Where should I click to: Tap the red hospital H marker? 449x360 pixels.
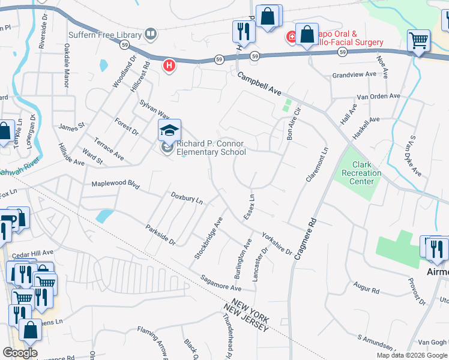pyautogui.click(x=170, y=65)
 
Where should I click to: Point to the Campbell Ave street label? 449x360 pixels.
pyautogui.click(x=259, y=85)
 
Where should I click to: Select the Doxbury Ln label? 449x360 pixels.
pyautogui.click(x=187, y=197)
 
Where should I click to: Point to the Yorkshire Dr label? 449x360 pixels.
pyautogui.click(x=277, y=244)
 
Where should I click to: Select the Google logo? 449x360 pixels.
pyautogui.click(x=20, y=353)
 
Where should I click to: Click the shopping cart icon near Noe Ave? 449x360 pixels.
pyautogui.click(x=419, y=41)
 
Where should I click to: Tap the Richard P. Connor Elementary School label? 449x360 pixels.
pyautogui.click(x=210, y=148)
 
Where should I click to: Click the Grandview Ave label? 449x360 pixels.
pyautogui.click(x=354, y=76)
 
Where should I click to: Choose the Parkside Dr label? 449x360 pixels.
pyautogui.click(x=160, y=235)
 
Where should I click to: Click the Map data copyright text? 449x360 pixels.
pyautogui.click(x=411, y=355)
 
